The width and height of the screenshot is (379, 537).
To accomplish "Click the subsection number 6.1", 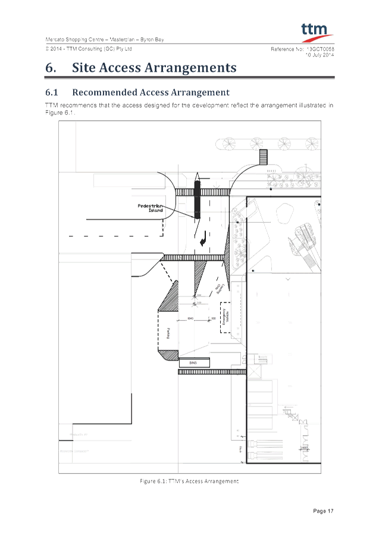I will (x=52, y=93).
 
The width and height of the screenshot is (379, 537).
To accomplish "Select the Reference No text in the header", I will (x=289, y=48).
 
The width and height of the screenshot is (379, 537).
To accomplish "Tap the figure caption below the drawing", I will (x=189, y=480).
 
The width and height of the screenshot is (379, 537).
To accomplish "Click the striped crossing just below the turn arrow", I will (x=194, y=257).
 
